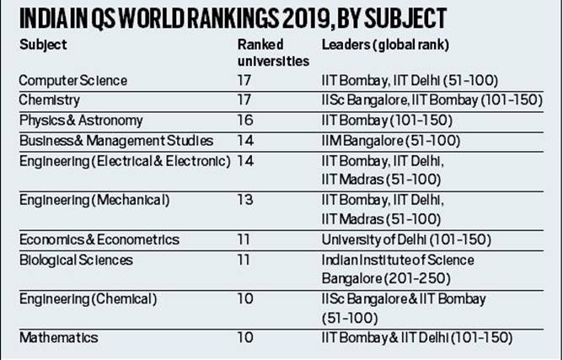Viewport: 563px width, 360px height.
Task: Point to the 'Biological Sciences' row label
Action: tap(76, 260)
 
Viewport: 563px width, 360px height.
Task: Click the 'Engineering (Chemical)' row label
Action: tap(83, 299)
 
